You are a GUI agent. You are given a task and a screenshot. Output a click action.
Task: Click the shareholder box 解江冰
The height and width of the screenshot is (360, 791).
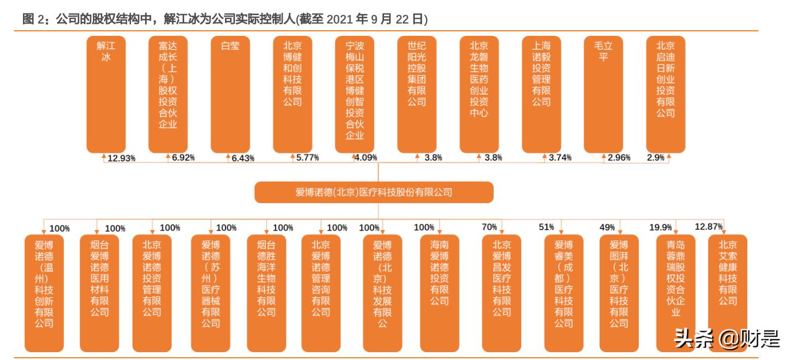pos(106,93)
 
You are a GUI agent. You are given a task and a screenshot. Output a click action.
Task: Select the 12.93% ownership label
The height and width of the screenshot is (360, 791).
pos(121,158)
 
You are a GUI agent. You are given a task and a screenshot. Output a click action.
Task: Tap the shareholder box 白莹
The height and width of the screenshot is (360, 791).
pos(230,93)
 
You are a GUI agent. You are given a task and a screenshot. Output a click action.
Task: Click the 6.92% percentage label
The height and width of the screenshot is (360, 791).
pos(184,158)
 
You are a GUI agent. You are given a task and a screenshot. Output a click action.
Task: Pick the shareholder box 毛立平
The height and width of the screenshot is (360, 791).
pos(603,93)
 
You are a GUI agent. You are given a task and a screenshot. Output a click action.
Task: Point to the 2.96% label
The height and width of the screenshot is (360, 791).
pos(619,158)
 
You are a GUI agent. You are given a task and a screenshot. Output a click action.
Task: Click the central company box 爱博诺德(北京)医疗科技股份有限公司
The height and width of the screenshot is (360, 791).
pos(373,192)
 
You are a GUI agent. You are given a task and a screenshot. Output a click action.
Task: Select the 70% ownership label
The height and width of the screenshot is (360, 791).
pos(489,227)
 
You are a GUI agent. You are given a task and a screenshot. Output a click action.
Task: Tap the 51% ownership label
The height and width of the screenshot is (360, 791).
pos(546,227)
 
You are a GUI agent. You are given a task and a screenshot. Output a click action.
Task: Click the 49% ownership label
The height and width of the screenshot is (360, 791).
pos(607,227)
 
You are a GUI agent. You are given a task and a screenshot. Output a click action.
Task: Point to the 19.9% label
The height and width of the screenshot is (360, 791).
pos(661,227)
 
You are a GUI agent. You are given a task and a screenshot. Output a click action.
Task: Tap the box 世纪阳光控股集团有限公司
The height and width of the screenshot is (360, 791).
pos(416,93)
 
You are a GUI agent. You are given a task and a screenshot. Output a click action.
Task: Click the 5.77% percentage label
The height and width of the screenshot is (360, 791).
pos(307,158)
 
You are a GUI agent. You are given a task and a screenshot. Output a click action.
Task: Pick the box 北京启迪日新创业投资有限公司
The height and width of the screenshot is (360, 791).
pos(666,93)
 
